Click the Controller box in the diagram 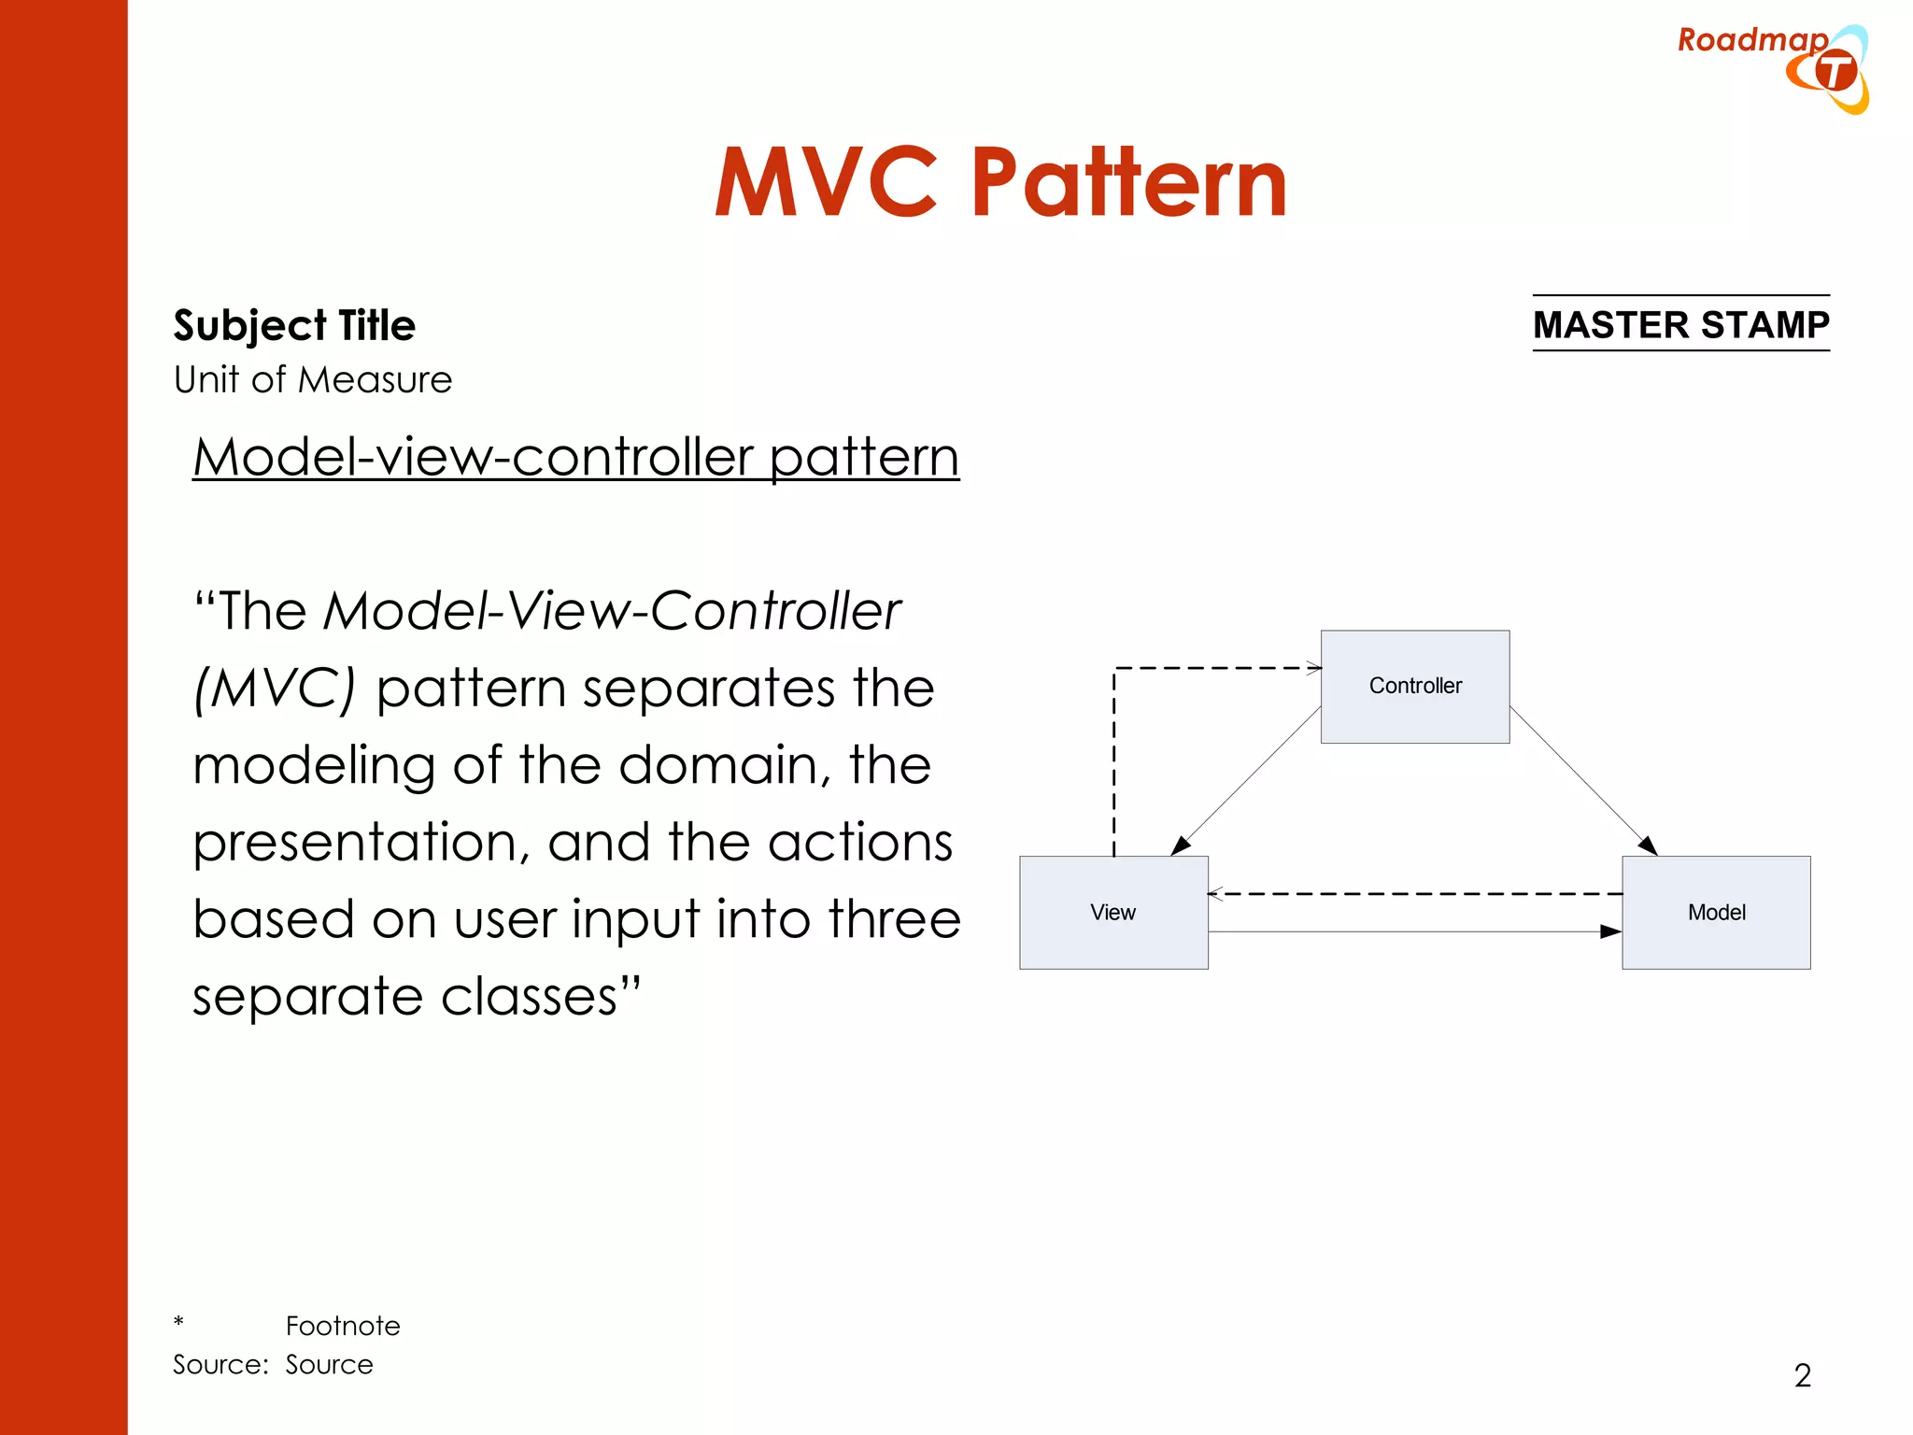pyautogui.click(x=1414, y=687)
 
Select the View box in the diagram pyautogui.click(x=1112, y=913)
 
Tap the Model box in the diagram pyautogui.click(x=1716, y=913)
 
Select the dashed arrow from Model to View pyautogui.click(x=1414, y=894)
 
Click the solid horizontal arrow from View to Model pyautogui.click(x=1414, y=931)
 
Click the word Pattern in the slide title pyautogui.click(x=1128, y=183)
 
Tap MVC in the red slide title pyautogui.click(x=826, y=183)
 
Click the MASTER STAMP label pyautogui.click(x=1680, y=324)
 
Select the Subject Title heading pyautogui.click(x=294, y=325)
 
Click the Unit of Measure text pyautogui.click(x=313, y=380)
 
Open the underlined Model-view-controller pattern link pyautogui.click(x=575, y=458)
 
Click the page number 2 pyautogui.click(x=1802, y=1375)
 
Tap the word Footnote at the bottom pyautogui.click(x=343, y=1326)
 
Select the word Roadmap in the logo pyautogui.click(x=1751, y=40)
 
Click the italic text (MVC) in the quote pyautogui.click(x=275, y=689)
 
